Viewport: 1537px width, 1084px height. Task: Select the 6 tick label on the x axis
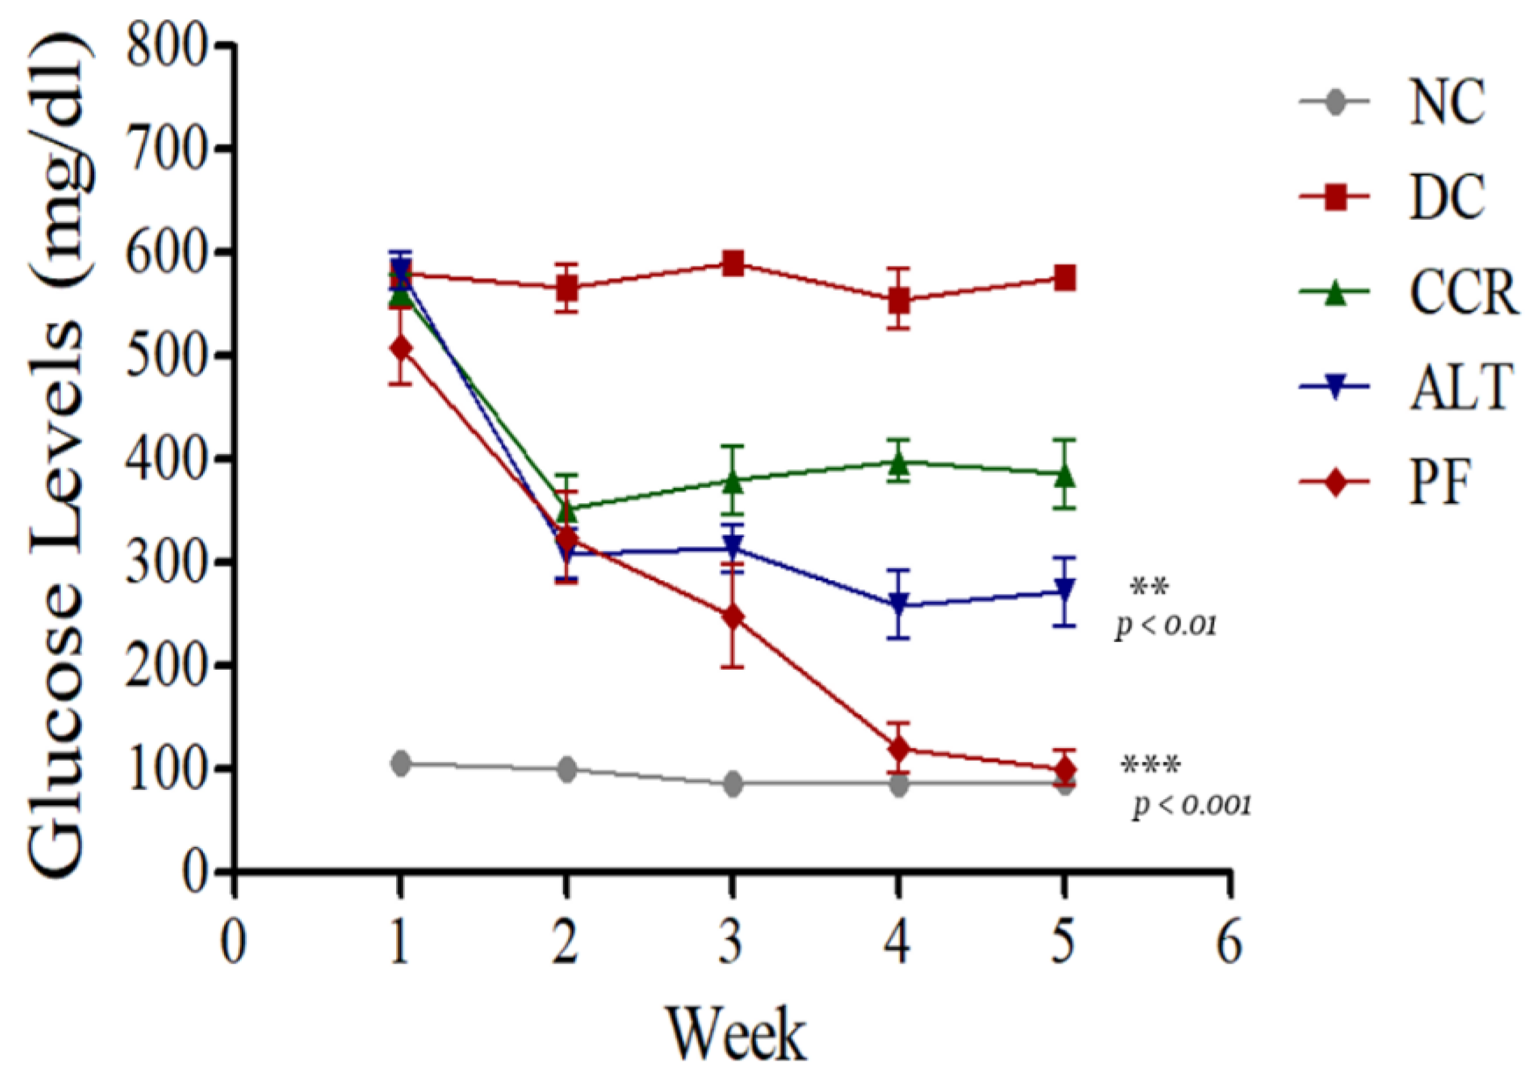click(x=1229, y=944)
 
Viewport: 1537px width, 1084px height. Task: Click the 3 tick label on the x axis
click(x=733, y=944)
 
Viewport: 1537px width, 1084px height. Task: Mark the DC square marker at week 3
click(x=734, y=263)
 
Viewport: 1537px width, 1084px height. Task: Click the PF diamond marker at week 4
click(x=899, y=749)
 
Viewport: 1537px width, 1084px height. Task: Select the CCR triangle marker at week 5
click(x=1064, y=476)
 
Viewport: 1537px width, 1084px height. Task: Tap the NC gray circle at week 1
click(x=401, y=763)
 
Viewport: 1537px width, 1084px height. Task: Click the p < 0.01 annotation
click(x=1165, y=625)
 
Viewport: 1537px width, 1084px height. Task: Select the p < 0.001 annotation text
click(x=1192, y=806)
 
